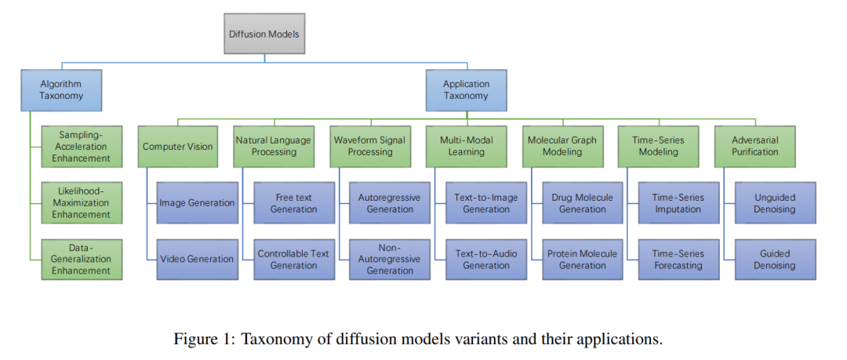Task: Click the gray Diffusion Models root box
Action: [x=264, y=34]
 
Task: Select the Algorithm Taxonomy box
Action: [x=62, y=89]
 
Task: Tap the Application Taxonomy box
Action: [x=466, y=89]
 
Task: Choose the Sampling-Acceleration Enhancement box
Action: [x=82, y=146]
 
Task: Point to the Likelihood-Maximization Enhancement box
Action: [x=82, y=202]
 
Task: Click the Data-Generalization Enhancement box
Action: [x=82, y=260]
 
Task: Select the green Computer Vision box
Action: [x=178, y=146]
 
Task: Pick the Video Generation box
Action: [x=197, y=260]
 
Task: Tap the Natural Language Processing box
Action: [x=274, y=146]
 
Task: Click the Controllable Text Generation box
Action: [x=293, y=260]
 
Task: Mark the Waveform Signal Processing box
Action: [x=370, y=146]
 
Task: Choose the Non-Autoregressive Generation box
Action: [x=390, y=260]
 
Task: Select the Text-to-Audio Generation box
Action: [x=486, y=260]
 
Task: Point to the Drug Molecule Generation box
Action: [x=582, y=202]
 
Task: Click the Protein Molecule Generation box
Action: [x=582, y=260]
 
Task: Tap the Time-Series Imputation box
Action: [x=678, y=202]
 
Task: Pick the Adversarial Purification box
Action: [x=754, y=146]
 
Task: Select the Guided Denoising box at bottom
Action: [x=775, y=260]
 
